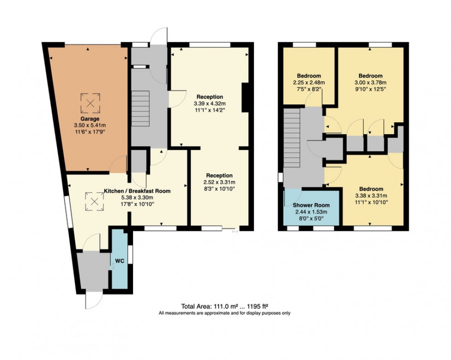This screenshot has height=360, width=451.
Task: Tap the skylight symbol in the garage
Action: click(91, 104)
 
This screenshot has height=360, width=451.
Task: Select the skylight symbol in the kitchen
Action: click(95, 201)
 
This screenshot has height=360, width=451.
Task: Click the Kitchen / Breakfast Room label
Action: click(137, 191)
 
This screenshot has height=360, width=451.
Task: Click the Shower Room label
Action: click(312, 205)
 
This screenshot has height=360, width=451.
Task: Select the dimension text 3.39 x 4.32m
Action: click(210, 104)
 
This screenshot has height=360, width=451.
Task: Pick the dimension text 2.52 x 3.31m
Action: click(220, 182)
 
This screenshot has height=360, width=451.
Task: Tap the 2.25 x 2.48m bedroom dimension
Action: click(309, 83)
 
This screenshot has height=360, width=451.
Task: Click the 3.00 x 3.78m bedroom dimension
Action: click(370, 83)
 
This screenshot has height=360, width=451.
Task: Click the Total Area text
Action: click(225, 306)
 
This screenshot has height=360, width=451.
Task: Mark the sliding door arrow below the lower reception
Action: click(235, 232)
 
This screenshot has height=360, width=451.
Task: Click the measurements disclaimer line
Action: click(225, 313)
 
